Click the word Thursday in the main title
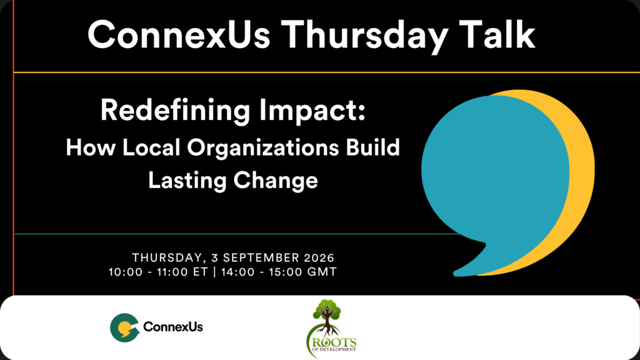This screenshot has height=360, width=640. (x=364, y=36)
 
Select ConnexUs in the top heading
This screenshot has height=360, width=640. (x=179, y=35)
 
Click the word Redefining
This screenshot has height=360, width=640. (x=175, y=111)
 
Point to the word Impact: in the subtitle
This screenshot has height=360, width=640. (x=312, y=111)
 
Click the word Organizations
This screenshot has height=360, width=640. (x=263, y=147)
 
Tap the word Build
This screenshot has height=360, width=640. (x=373, y=147)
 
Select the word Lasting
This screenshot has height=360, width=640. (x=187, y=181)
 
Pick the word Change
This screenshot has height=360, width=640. (x=276, y=181)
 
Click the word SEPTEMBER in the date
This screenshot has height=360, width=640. (x=261, y=258)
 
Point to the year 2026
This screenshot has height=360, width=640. (x=319, y=258)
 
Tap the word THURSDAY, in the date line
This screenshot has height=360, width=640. (x=169, y=258)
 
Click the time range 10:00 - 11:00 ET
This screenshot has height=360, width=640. (x=158, y=272)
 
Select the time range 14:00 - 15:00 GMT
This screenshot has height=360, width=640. (x=279, y=272)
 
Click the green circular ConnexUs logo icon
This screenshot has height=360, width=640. (x=125, y=327)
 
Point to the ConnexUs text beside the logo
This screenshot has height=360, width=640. (x=173, y=327)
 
